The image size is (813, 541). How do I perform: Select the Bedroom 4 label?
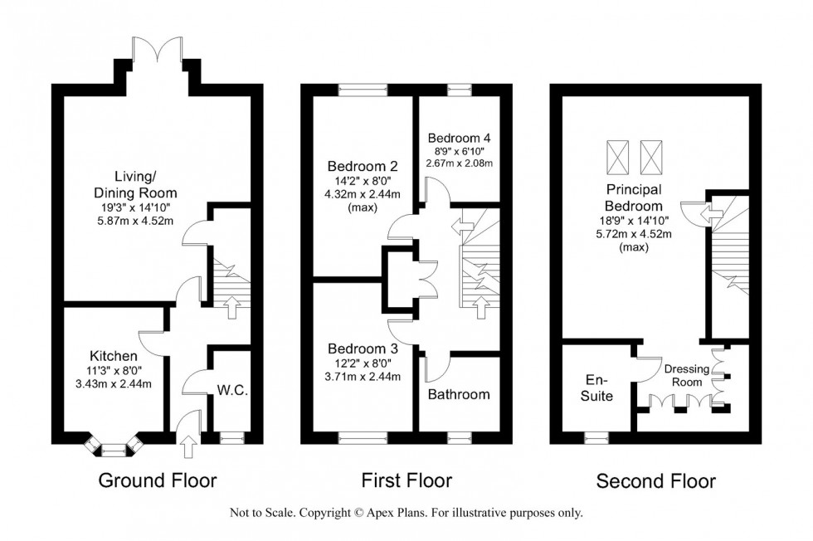pyautogui.click(x=459, y=138)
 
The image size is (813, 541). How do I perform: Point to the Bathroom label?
pyautogui.click(x=458, y=394)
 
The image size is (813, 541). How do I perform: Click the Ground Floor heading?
pyautogui.click(x=158, y=480)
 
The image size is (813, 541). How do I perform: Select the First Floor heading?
pyautogui.click(x=406, y=480)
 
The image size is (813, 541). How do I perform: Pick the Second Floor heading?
pyautogui.click(x=655, y=480)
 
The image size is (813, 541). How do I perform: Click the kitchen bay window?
pyautogui.click(x=110, y=449)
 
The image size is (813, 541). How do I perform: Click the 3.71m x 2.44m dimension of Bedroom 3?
pyautogui.click(x=363, y=377)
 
